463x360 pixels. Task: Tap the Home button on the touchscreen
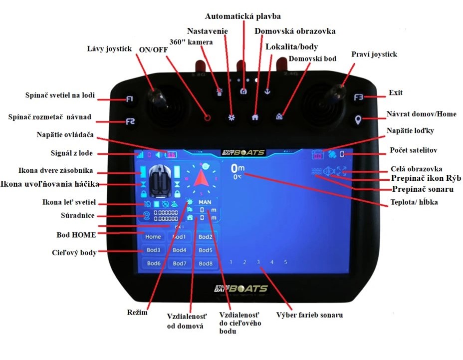pyautogui.click(x=153, y=237)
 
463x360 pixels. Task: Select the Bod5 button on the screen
pyautogui.click(x=206, y=250)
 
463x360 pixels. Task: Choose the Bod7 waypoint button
pyautogui.click(x=180, y=263)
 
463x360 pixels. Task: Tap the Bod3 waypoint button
pyautogui.click(x=153, y=250)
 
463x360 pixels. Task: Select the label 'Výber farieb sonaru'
pyautogui.click(x=309, y=315)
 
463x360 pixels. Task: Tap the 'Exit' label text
pyautogui.click(x=396, y=93)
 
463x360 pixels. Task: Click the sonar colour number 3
pyautogui.click(x=258, y=262)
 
